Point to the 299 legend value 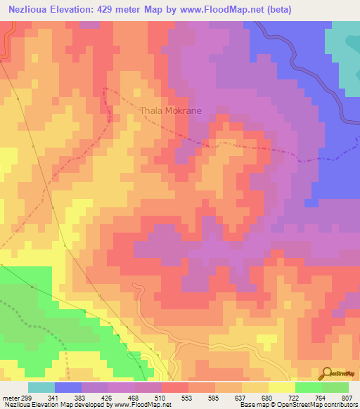(24, 396)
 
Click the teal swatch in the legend (41, 387)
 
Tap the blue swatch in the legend (68, 387)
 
